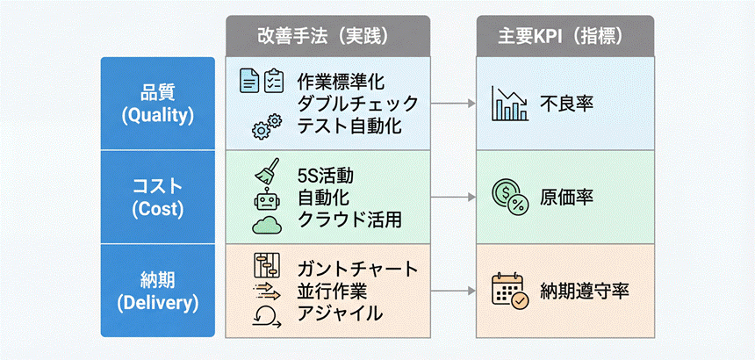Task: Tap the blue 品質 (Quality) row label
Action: pyautogui.click(x=157, y=103)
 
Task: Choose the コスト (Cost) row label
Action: pyautogui.click(x=157, y=198)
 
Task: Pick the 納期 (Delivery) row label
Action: pyautogui.click(x=157, y=292)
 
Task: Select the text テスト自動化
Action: pyautogui.click(x=349, y=126)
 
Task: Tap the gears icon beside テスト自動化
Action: pyautogui.click(x=265, y=126)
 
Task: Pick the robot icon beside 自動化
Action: pyautogui.click(x=265, y=198)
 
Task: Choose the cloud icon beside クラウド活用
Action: pyautogui.click(x=265, y=224)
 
